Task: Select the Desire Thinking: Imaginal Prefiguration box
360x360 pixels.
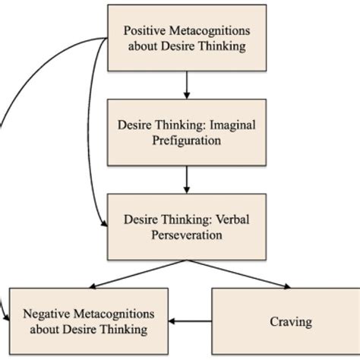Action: click(186, 131)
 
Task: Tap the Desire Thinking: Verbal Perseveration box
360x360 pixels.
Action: click(186, 226)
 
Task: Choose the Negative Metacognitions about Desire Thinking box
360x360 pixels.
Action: click(89, 321)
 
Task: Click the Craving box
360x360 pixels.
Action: click(290, 321)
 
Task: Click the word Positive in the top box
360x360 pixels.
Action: click(144, 32)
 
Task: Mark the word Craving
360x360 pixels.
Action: click(290, 322)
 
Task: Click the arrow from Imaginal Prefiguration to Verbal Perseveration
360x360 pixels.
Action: click(186, 179)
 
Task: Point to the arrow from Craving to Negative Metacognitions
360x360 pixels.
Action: click(191, 322)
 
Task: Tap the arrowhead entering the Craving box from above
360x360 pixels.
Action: click(287, 286)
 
